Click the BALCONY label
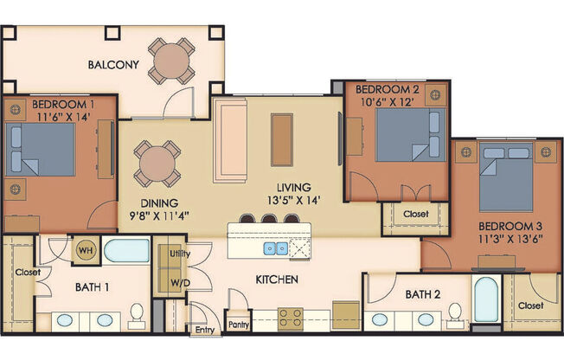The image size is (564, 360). tap(113, 64)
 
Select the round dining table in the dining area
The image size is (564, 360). tap(157, 164)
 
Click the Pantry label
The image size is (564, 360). tap(239, 325)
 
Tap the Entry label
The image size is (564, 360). tap(204, 330)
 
